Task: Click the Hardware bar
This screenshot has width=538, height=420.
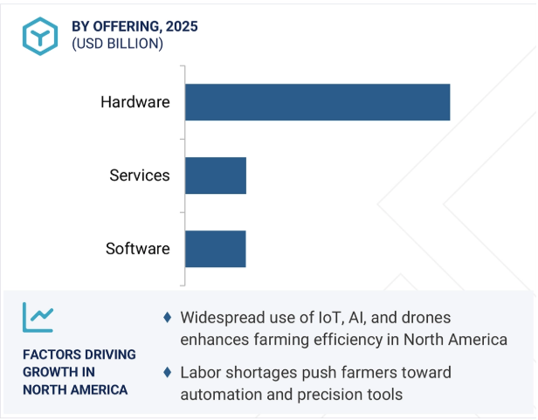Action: coord(318,102)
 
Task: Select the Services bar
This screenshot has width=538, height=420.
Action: coord(216,176)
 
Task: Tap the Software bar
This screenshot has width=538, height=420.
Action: coord(216,249)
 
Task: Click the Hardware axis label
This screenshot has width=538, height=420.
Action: coord(135,102)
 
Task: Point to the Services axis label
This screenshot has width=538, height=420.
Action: coord(140,176)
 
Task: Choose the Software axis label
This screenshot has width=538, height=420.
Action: coord(138,249)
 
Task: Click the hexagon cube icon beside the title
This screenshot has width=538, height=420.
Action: coord(40,36)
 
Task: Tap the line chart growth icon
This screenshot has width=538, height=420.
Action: coord(38,318)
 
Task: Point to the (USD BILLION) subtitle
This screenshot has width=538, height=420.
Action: coord(117,44)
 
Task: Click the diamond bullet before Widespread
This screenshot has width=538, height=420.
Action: coord(168,318)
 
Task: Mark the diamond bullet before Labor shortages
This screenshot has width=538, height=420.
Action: coord(168,372)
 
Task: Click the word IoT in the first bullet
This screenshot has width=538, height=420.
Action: coord(332,318)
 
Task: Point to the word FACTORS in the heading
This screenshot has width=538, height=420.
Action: coord(47,355)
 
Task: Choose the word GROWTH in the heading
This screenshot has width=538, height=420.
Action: coord(46,372)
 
